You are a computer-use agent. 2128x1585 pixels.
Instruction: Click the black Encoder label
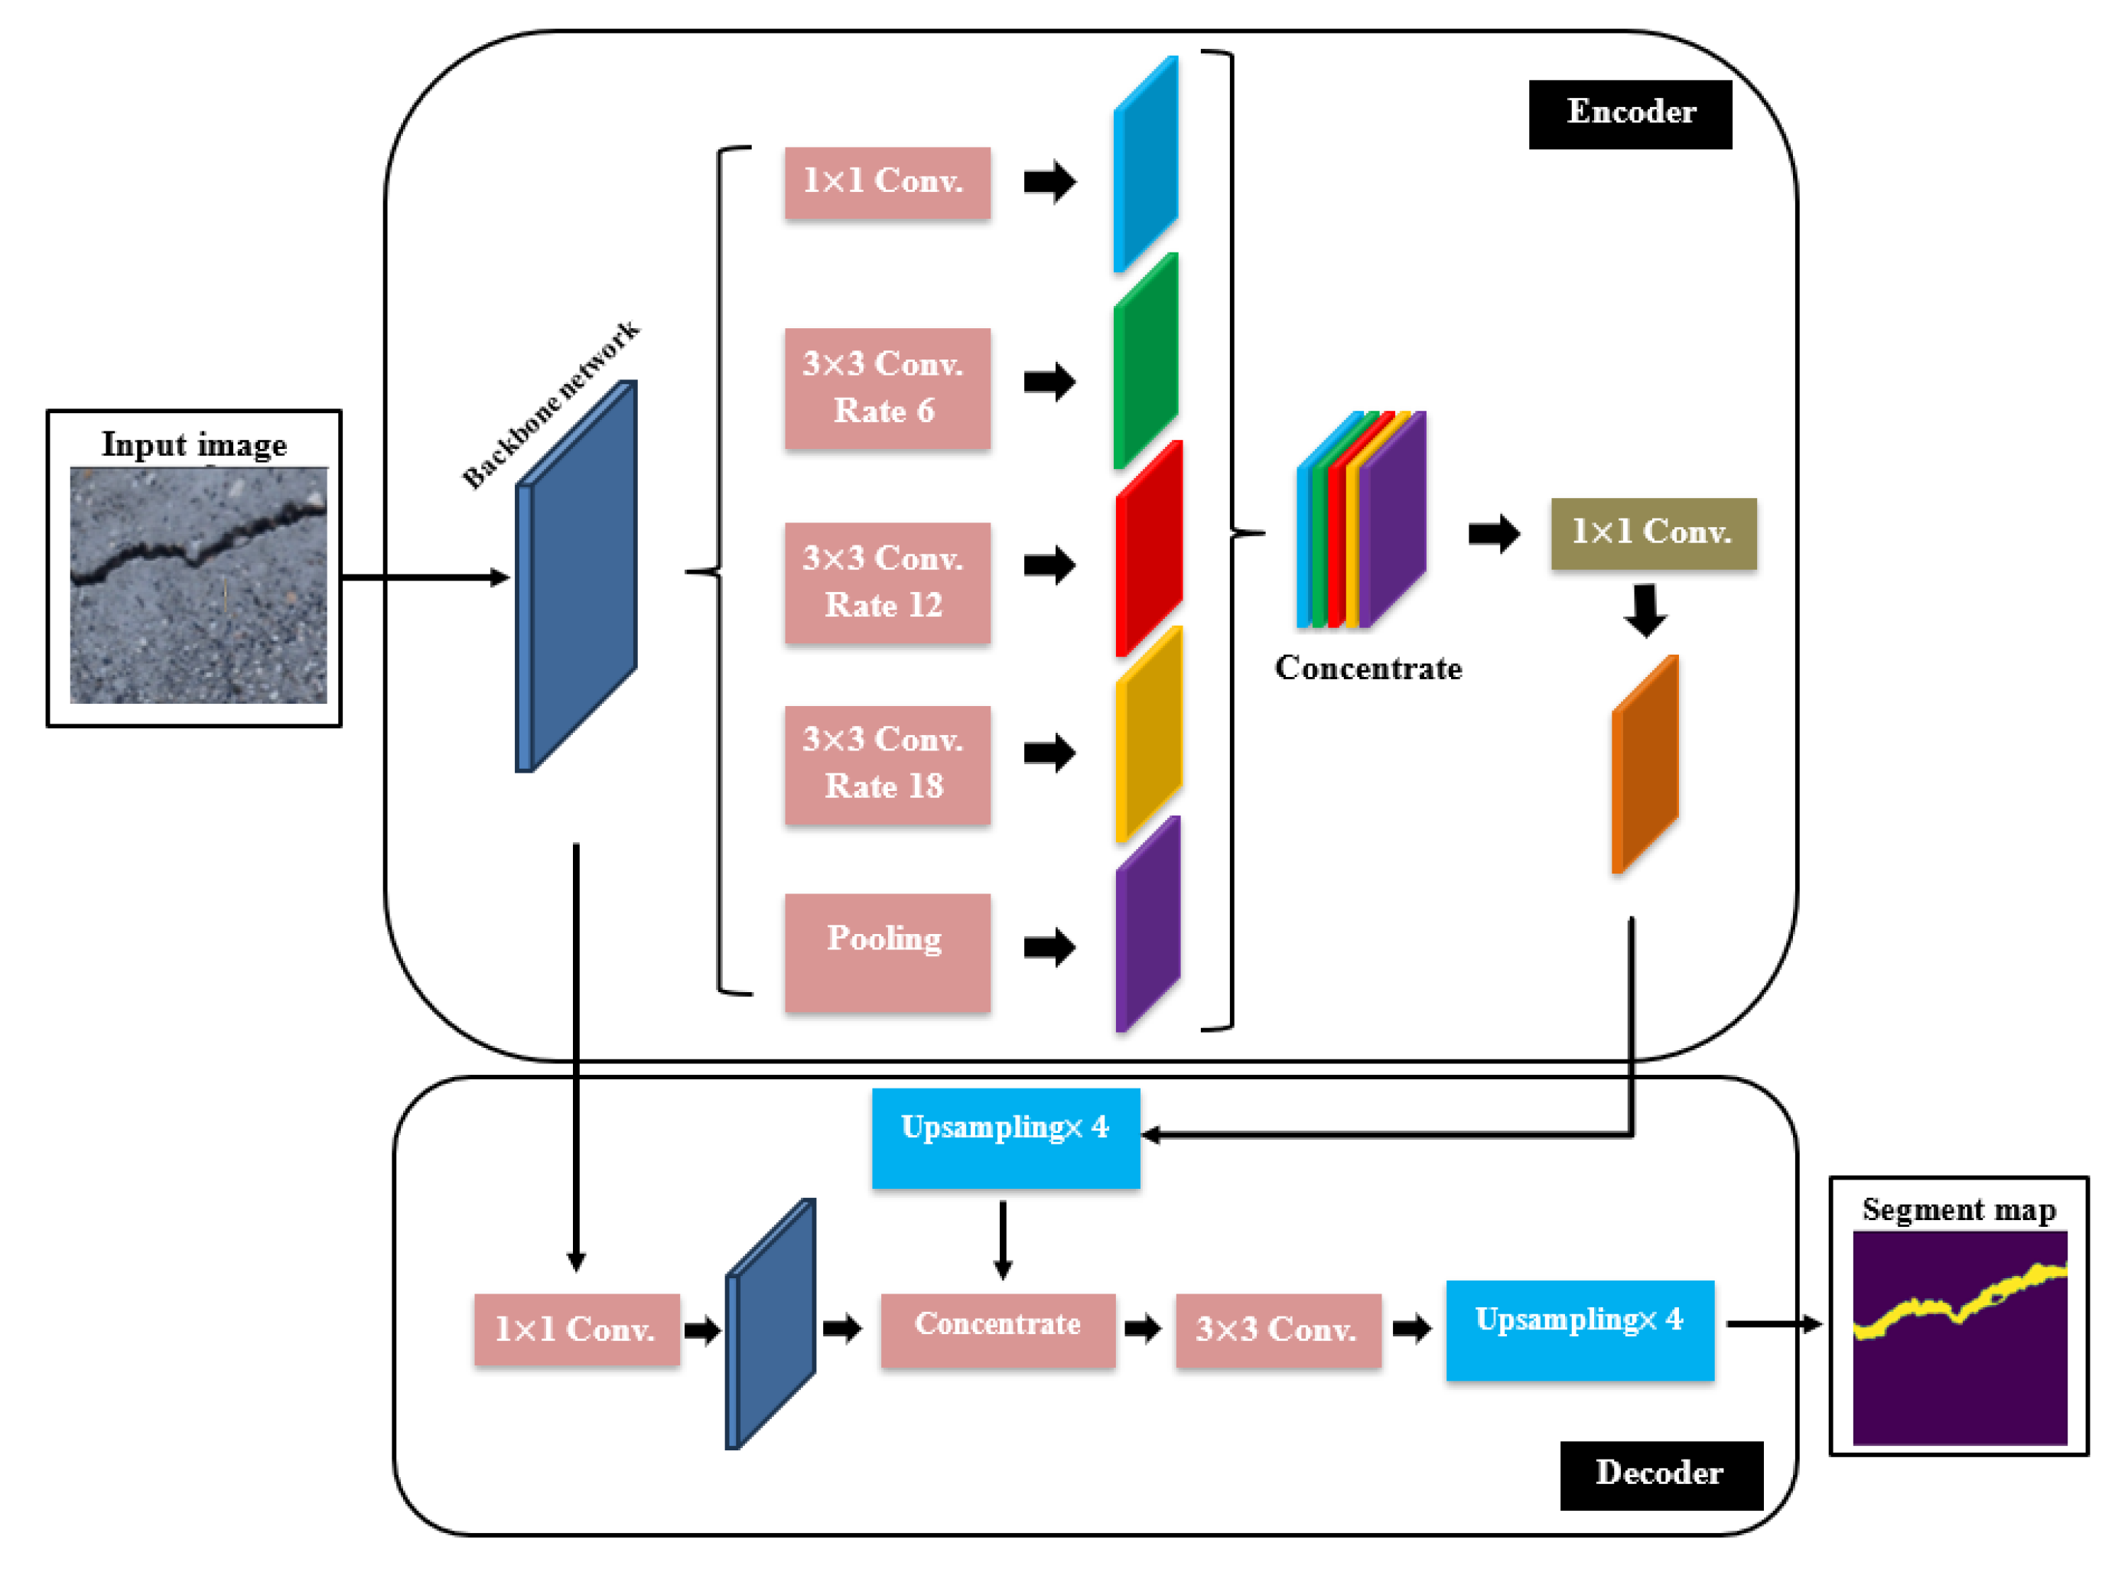click(1629, 114)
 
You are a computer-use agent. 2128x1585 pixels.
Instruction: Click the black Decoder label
click(1660, 1474)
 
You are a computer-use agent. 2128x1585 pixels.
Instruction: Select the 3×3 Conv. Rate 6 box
click(887, 388)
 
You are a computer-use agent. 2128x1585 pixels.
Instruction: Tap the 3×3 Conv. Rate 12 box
click(887, 582)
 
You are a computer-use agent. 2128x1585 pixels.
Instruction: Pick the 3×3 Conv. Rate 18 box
click(887, 765)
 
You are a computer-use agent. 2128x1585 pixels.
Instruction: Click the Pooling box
click(887, 952)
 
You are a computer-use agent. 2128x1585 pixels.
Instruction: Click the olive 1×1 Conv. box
click(1652, 533)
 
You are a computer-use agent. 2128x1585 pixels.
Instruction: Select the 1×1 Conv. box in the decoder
click(577, 1329)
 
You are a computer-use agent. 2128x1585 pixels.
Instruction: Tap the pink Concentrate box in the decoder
click(997, 1329)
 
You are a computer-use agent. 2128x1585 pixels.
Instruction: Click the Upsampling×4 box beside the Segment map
click(1580, 1329)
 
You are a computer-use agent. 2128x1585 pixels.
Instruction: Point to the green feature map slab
click(1146, 362)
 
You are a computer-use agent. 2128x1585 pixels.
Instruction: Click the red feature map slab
click(1147, 548)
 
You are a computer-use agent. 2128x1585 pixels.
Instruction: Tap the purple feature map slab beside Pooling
click(1147, 924)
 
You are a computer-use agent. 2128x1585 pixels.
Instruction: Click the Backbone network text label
click(551, 405)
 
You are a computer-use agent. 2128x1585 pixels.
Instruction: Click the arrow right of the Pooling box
click(1049, 947)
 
